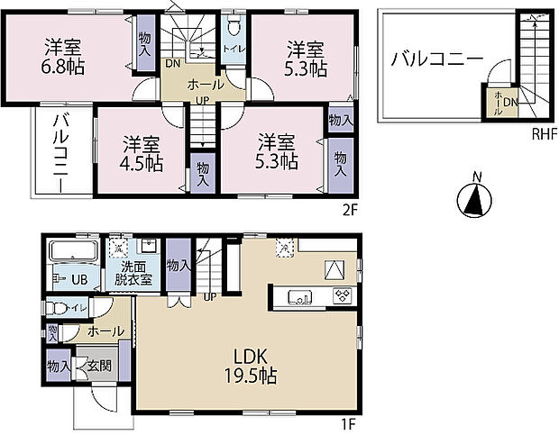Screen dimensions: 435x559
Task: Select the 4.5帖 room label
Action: [x=143, y=152]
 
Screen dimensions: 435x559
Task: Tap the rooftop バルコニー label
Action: [x=436, y=60]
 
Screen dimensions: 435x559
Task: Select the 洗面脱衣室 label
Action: [x=136, y=273]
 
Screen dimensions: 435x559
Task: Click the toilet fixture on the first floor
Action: [x=61, y=307]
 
